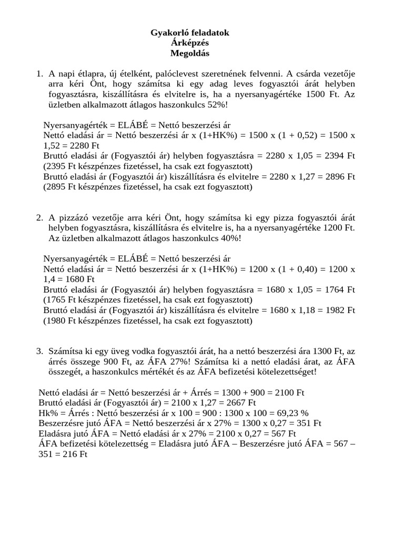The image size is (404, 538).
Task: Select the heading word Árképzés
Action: [189, 43]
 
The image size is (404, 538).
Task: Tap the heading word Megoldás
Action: [189, 53]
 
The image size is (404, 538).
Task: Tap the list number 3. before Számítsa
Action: [40, 351]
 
